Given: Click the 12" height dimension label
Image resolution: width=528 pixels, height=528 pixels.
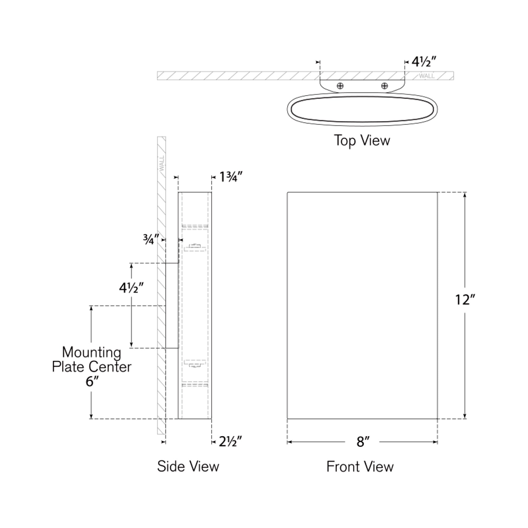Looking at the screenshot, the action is tap(465, 300).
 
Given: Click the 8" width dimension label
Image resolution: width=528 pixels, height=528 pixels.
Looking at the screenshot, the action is tap(363, 442).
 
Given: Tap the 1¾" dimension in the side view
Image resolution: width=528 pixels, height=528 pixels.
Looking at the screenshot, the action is tap(231, 177).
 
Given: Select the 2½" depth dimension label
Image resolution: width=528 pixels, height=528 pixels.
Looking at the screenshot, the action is tap(230, 442).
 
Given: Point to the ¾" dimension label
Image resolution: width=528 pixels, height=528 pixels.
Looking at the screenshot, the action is tap(151, 239).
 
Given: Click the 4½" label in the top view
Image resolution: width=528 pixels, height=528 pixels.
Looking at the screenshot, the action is tap(424, 62).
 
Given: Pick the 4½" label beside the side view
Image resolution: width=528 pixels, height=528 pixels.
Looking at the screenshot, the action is tap(131, 288).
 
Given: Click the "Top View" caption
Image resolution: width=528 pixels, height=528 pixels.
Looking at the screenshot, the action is tap(362, 141).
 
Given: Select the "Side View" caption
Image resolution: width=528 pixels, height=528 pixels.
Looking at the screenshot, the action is tap(188, 466).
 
